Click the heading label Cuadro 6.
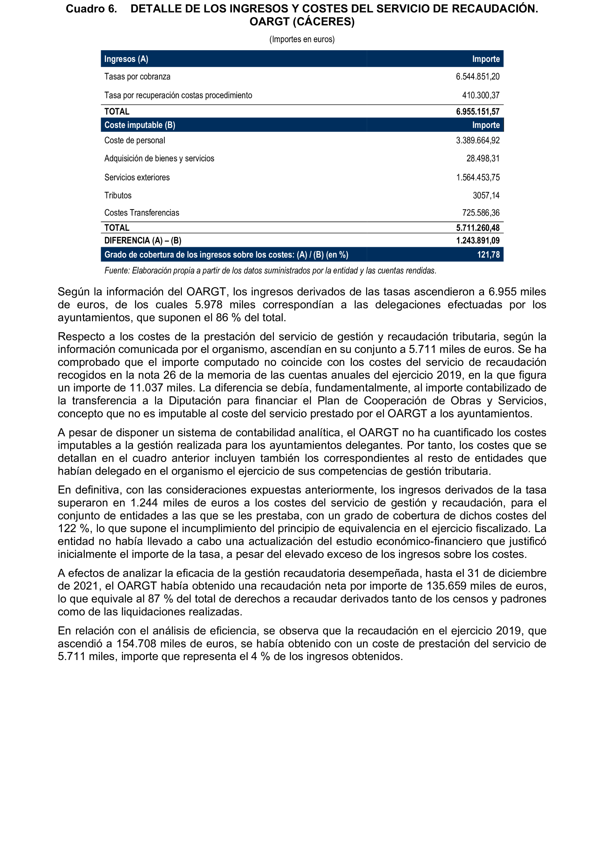(x=91, y=9)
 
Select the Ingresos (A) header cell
(x=126, y=59)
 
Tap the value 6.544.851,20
(x=478, y=77)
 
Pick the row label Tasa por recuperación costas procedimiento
(x=178, y=95)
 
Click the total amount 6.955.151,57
(x=478, y=111)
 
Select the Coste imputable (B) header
(x=139, y=125)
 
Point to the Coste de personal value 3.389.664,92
(x=478, y=140)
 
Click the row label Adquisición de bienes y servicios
(x=159, y=159)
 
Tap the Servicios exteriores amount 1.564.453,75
(x=478, y=178)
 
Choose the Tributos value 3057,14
(x=486, y=196)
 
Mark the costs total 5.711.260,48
(x=478, y=228)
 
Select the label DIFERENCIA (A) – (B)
(x=142, y=241)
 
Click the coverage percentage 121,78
(x=488, y=255)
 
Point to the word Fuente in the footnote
(x=116, y=271)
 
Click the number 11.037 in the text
(x=146, y=388)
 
